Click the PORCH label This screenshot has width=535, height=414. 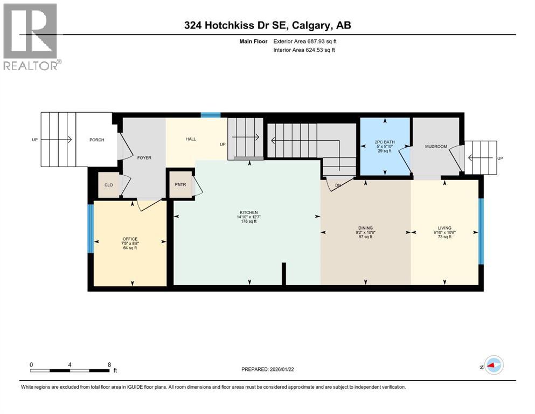(96, 140)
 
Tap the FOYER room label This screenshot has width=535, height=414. (144, 158)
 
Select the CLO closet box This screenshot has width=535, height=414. (108, 185)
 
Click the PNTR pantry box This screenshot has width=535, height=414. (180, 185)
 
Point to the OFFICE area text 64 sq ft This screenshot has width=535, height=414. (130, 248)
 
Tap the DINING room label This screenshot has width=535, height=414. (365, 228)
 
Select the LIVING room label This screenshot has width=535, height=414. (444, 228)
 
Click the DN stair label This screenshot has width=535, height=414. (338, 185)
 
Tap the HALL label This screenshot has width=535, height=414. (191, 139)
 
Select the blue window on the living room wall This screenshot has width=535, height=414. (481, 232)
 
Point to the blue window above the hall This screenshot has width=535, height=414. (211, 115)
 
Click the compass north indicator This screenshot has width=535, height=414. (492, 365)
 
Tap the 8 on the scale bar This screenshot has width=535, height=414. (109, 364)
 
